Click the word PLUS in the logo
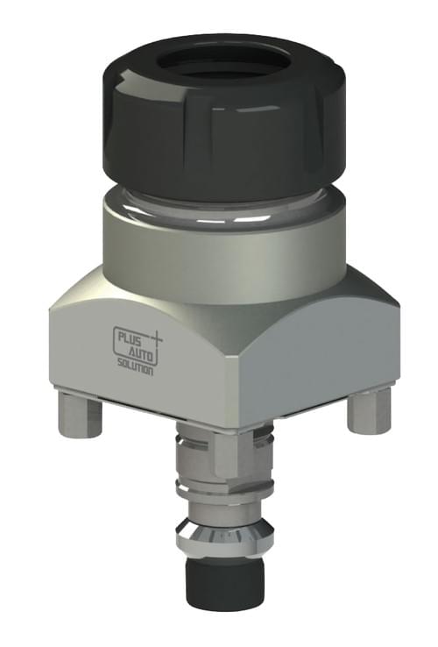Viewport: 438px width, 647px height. [x=131, y=335]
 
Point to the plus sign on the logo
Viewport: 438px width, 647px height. [x=158, y=336]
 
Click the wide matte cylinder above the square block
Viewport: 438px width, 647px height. [x=223, y=254]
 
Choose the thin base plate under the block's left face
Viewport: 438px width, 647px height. [x=131, y=396]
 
